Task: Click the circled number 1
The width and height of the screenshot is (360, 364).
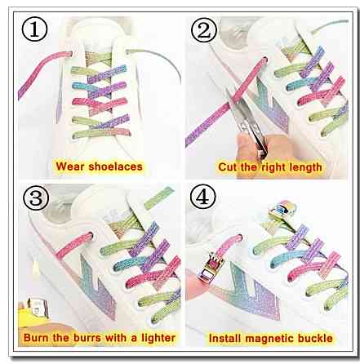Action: tap(34, 29)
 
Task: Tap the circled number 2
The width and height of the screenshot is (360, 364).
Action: tap(204, 29)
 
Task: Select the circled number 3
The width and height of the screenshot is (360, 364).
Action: tap(36, 198)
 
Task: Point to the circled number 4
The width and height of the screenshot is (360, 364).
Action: tap(202, 197)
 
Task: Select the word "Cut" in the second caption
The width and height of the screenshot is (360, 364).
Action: tap(227, 166)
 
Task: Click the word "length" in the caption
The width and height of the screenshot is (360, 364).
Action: tap(305, 167)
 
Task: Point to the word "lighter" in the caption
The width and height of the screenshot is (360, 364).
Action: tap(158, 338)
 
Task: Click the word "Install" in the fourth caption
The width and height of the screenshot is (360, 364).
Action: tap(225, 339)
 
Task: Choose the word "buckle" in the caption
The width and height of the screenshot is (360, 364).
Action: tap(315, 339)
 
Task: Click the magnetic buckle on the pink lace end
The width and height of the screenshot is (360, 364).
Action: tap(213, 268)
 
